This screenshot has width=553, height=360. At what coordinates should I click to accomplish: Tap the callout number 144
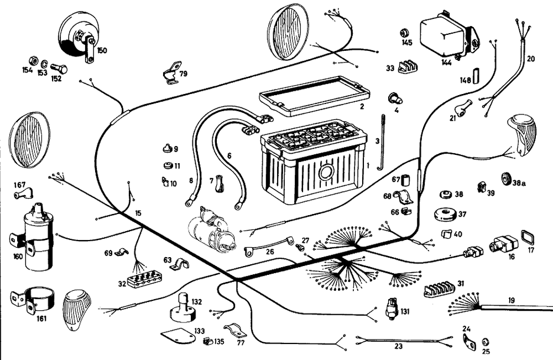pos(447,62)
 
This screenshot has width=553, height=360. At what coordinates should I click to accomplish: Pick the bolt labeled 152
pos(59,70)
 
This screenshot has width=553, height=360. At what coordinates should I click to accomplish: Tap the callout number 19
pos(512,300)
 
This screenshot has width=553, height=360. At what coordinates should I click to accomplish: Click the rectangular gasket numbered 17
pos(528,238)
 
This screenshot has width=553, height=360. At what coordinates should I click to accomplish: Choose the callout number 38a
pos(519,183)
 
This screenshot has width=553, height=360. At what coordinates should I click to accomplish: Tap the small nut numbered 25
pos(486,341)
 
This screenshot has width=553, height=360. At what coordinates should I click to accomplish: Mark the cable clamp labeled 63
pos(180,264)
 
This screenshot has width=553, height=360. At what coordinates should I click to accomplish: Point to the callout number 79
pos(183,74)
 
